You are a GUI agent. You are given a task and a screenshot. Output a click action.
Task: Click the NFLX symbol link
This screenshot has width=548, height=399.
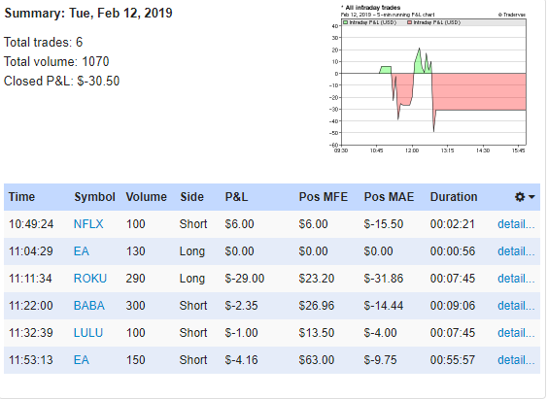click(x=88, y=223)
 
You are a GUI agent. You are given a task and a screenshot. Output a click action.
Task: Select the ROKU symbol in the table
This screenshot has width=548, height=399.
click(x=90, y=278)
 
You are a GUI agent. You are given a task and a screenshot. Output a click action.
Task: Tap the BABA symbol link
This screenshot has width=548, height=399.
click(x=90, y=305)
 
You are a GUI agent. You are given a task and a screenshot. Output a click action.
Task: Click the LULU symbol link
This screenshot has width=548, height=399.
click(x=89, y=332)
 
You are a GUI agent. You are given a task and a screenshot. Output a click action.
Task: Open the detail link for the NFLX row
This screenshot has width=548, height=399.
click(x=516, y=223)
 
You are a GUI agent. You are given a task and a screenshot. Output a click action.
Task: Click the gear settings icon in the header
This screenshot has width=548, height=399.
click(x=520, y=197)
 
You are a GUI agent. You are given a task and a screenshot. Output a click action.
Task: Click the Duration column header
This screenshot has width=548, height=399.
click(x=454, y=197)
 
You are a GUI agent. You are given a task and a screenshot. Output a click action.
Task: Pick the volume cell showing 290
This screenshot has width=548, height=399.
click(x=139, y=278)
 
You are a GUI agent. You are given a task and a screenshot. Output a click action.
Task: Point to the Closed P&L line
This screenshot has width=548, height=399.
click(x=62, y=81)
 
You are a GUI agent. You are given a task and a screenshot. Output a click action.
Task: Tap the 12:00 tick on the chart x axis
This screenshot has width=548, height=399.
click(x=412, y=150)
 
